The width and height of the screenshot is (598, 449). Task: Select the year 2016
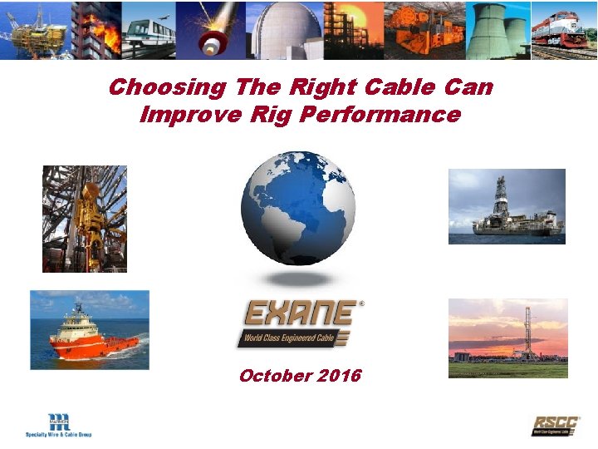338,376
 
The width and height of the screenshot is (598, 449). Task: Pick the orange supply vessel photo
90,329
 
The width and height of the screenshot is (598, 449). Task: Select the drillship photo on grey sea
507,206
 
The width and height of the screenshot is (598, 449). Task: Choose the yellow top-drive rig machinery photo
85,219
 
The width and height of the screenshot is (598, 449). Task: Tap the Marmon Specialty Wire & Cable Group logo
59,424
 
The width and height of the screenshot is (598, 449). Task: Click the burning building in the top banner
96,29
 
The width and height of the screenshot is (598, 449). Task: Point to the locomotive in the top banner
564,32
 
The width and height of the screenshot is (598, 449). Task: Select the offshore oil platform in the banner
35,30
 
